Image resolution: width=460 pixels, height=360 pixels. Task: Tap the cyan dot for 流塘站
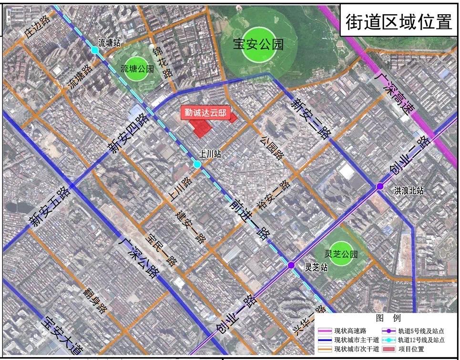coord(95,50)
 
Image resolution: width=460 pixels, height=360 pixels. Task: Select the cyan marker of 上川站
coord(197,164)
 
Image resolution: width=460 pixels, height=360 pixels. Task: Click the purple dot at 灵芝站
coord(291,265)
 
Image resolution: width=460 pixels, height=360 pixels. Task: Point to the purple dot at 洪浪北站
coord(380,186)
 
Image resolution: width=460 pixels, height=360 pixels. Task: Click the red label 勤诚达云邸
coord(205,113)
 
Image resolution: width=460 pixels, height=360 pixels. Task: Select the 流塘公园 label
coord(137,69)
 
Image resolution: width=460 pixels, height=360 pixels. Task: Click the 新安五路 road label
coord(49,207)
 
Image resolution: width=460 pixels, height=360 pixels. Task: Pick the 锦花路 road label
coord(162,62)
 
